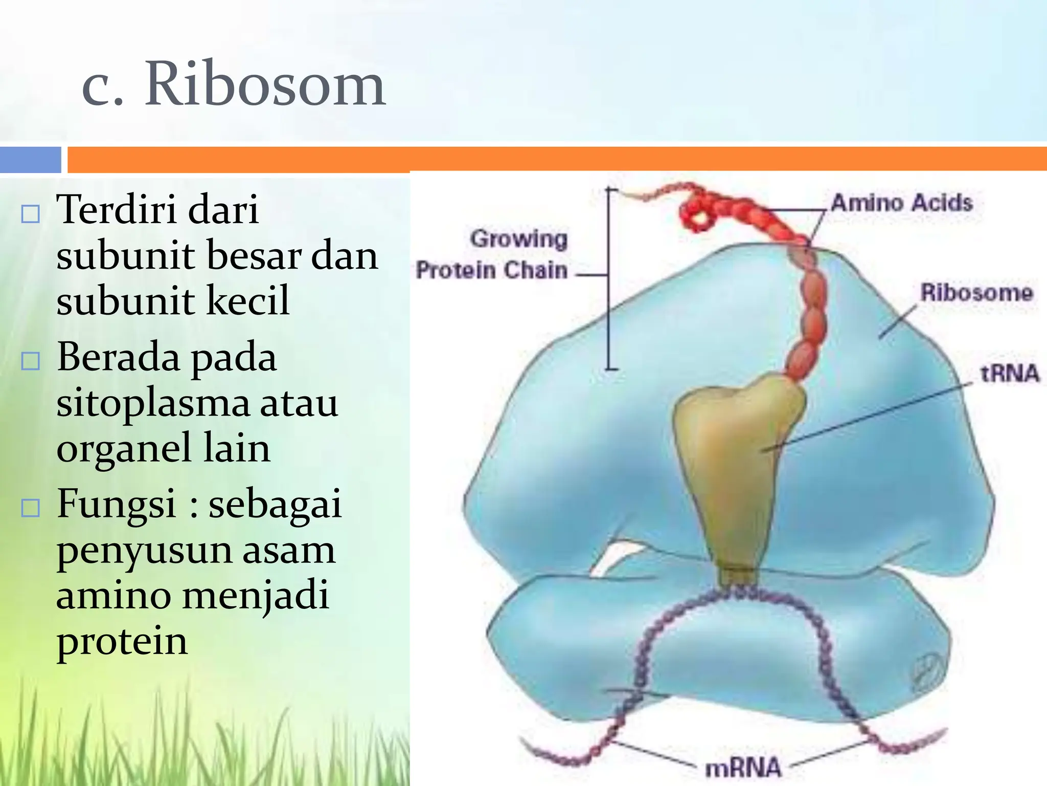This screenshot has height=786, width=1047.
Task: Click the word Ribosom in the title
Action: coord(264,84)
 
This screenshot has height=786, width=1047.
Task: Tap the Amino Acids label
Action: coord(901,203)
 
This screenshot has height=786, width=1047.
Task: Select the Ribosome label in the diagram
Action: coord(976,293)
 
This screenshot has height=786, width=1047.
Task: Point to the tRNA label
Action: coord(1010,373)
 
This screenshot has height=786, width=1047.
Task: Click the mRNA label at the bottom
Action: coord(743,768)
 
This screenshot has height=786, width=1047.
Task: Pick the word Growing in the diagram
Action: coord(518,238)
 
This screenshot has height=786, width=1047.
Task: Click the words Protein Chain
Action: coord(491,270)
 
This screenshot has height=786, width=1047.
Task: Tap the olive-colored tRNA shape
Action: coord(731,461)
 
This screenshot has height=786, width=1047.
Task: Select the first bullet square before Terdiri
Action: coord(31,213)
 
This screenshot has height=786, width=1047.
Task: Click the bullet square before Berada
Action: coord(31,361)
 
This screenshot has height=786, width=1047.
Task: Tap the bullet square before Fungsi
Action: coord(31,508)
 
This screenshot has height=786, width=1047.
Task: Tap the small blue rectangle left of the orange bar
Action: coord(31,159)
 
